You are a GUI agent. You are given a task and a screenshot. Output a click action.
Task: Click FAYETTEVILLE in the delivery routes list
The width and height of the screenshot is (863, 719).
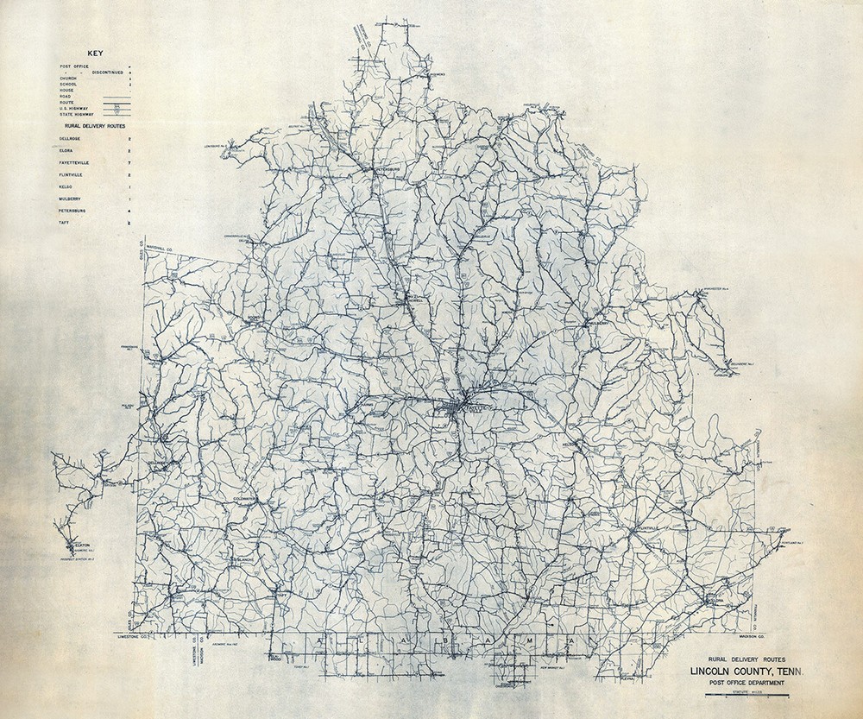pos(77,161)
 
